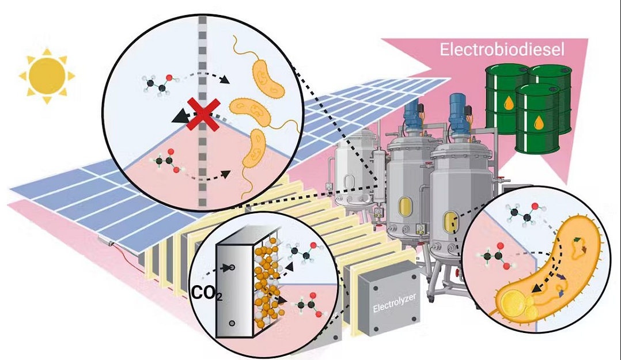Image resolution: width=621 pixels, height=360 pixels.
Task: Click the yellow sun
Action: pos(47,75)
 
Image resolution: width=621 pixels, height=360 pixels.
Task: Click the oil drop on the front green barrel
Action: pos(538,123)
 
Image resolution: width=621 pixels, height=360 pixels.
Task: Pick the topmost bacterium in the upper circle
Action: pos(267,78)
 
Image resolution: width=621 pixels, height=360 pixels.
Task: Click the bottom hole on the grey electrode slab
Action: pos(231,324)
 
